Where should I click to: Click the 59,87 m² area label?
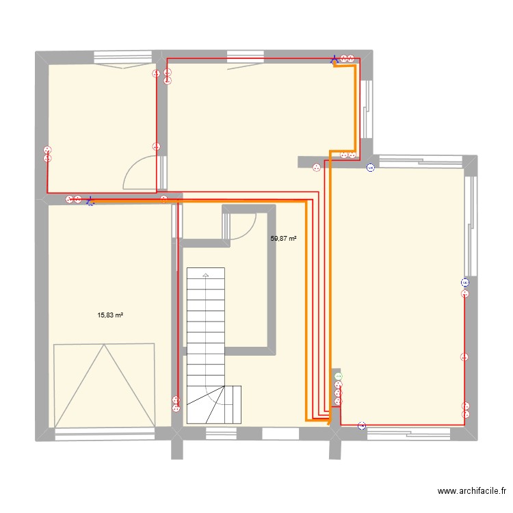pos(283,239)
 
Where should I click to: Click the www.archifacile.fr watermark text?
pos(471,491)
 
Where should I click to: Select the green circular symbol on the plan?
pos(337,376)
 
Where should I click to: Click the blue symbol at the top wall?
pos(334,60)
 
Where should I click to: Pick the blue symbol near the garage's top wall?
pos(90,201)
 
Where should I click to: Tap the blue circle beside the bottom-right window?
pos(362,426)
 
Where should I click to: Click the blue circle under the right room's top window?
pos(370,167)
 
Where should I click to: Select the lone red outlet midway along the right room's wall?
pos(464,356)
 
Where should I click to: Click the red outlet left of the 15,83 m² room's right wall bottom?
pos(176,405)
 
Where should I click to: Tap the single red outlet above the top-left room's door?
pos(156,146)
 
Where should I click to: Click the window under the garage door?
pos(104,432)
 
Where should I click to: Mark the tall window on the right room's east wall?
pos(469,226)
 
